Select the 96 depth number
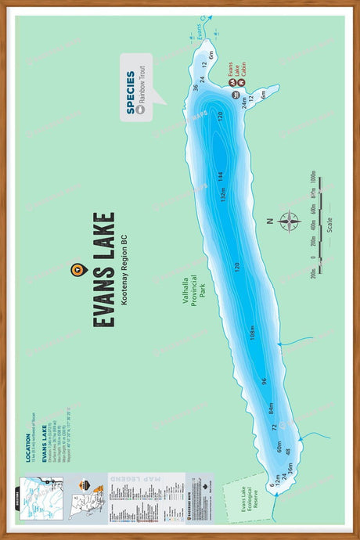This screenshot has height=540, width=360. coord(265,381)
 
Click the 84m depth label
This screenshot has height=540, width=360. coord(271,409)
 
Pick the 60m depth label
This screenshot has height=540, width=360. coord(279,448)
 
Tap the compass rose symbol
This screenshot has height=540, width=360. coord(289,221)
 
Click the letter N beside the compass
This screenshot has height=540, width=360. coord(268,221)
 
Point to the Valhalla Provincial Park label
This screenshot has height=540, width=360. coord(192,291)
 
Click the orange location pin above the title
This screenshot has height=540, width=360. coord(76,270)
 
